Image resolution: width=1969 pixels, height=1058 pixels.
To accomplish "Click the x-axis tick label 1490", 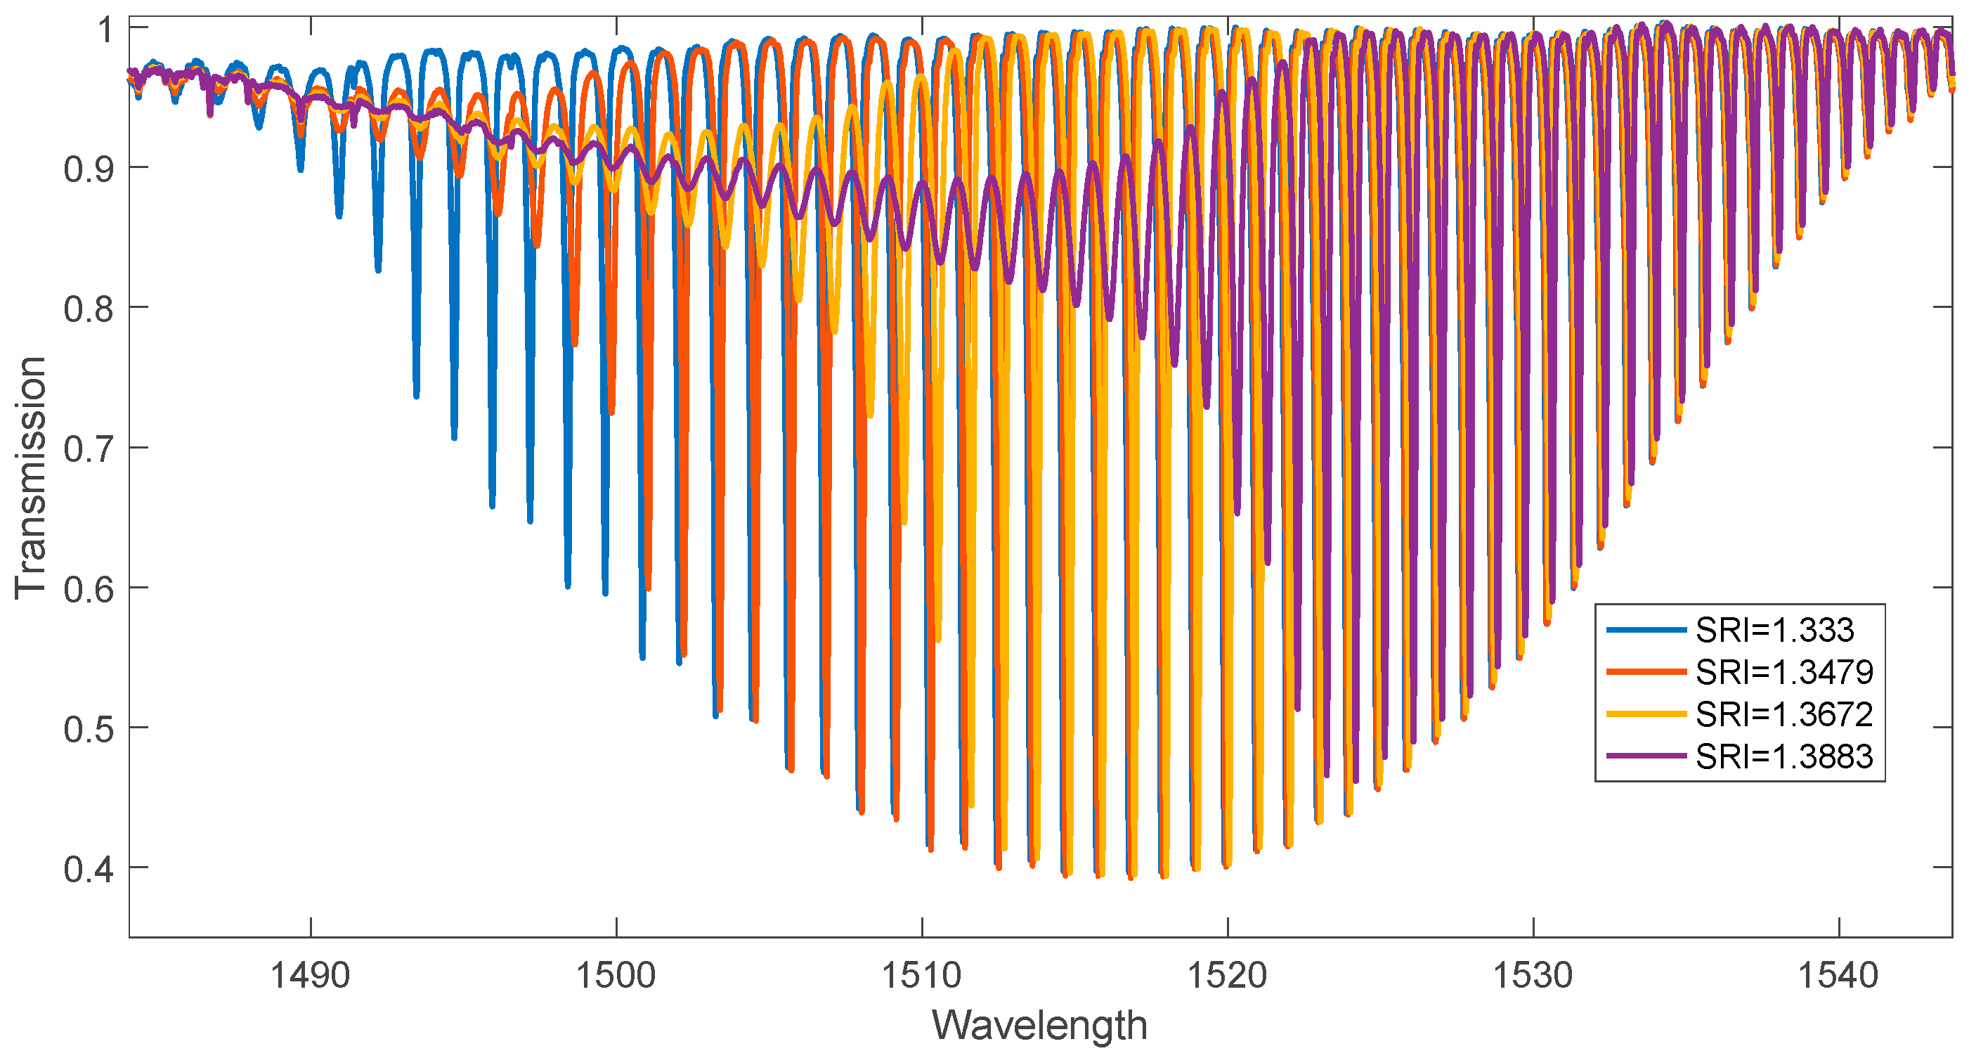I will coord(311,976).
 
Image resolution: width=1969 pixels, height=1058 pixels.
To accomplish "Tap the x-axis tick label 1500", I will coord(616,976).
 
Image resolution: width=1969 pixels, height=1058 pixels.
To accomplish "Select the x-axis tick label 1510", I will coord(922,976).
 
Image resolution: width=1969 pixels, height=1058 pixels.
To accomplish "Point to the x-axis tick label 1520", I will coord(1228,976).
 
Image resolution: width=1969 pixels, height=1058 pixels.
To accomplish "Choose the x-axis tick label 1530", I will coord(1533,976).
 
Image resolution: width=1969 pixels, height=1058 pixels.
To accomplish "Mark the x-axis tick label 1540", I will coord(1838,976).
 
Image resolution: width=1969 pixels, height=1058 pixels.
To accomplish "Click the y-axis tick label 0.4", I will coord(89,870).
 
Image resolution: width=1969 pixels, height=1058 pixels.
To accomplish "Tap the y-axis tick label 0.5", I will coord(89,729).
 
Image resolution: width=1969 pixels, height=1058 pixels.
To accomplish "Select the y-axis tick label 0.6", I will coord(89,589).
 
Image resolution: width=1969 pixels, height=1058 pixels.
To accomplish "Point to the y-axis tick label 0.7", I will coord(89,449).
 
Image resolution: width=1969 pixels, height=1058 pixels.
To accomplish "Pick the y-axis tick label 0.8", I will coord(89,309).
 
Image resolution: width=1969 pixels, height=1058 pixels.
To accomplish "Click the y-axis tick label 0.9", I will coord(89,169).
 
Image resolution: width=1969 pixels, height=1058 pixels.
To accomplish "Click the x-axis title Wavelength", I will coord(1039,1025).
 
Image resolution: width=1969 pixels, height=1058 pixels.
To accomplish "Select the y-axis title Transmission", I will coord(31,478).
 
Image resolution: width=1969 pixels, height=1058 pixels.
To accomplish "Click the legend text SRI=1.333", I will coord(1775,631).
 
